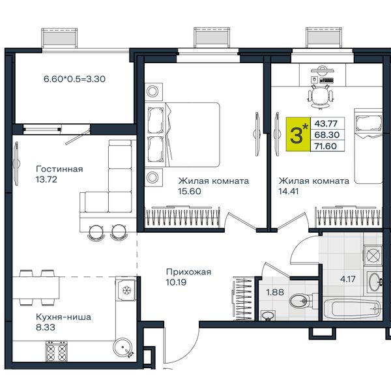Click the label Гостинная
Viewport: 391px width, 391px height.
(x=59, y=169)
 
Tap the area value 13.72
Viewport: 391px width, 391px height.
(x=46, y=179)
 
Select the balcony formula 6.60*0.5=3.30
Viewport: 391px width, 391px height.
(x=74, y=79)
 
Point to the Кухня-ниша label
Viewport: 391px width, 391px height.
(x=63, y=317)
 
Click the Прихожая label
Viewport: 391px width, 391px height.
(x=188, y=272)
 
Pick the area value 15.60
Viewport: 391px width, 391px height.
(x=190, y=191)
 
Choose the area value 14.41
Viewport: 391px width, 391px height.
(x=289, y=191)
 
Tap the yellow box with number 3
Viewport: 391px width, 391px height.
(x=298, y=134)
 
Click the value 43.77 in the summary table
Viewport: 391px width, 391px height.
(x=326, y=123)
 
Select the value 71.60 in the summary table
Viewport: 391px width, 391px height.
(x=326, y=146)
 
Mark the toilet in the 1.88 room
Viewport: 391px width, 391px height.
(x=302, y=300)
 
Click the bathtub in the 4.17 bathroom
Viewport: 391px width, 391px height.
(x=353, y=309)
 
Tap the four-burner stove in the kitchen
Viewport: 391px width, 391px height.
(x=56, y=351)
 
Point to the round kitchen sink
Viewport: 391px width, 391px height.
(x=123, y=347)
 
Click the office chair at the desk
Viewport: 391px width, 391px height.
(x=321, y=96)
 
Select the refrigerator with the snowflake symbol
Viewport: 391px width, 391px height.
(x=126, y=289)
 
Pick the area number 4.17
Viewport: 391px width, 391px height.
(x=348, y=279)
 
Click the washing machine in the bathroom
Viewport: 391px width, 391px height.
(x=373, y=255)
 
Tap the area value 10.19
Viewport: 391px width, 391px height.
(x=176, y=282)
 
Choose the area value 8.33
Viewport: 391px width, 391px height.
(x=46, y=327)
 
